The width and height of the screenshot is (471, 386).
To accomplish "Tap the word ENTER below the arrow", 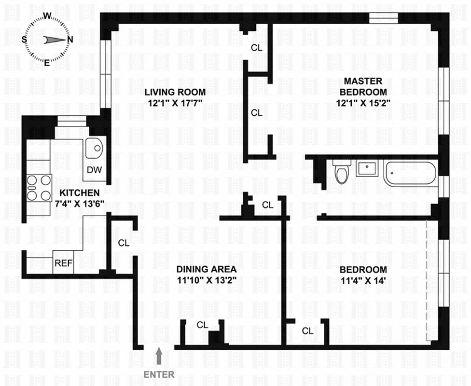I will pyautogui.click(x=159, y=374).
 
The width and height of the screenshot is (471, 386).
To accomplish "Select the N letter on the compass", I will pyautogui.click(x=70, y=40).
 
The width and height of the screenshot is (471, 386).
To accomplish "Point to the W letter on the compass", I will pyautogui.click(x=48, y=15).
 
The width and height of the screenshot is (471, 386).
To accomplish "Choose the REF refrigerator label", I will pyautogui.click(x=63, y=263).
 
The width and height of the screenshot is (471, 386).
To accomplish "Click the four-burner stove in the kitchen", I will pyautogui.click(x=39, y=187).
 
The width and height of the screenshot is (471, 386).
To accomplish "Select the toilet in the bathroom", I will pyautogui.click(x=341, y=173).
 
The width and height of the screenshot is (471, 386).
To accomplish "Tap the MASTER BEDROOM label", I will pyautogui.click(x=363, y=86).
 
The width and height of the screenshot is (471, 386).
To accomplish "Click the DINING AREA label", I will pyautogui.click(x=206, y=269).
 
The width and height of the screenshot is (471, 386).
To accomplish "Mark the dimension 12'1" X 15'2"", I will pyautogui.click(x=363, y=102).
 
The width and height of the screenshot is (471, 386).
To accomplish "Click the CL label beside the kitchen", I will pyautogui.click(x=124, y=243).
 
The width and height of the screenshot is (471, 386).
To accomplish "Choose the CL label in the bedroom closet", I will pyautogui.click(x=307, y=331).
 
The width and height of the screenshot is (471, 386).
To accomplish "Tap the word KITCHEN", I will pyautogui.click(x=80, y=192).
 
